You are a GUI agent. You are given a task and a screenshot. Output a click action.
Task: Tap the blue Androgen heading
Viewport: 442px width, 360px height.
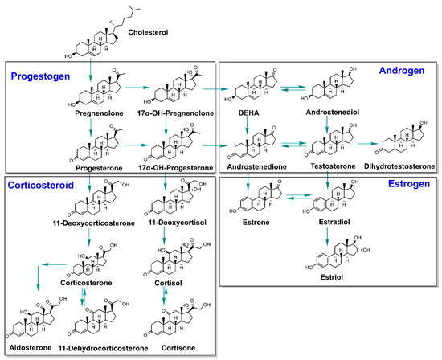[x=403, y=72]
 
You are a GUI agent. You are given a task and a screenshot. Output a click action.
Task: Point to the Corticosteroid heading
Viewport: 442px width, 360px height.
[x=43, y=185]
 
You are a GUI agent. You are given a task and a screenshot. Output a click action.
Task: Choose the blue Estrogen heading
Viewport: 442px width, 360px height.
[x=405, y=185]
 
